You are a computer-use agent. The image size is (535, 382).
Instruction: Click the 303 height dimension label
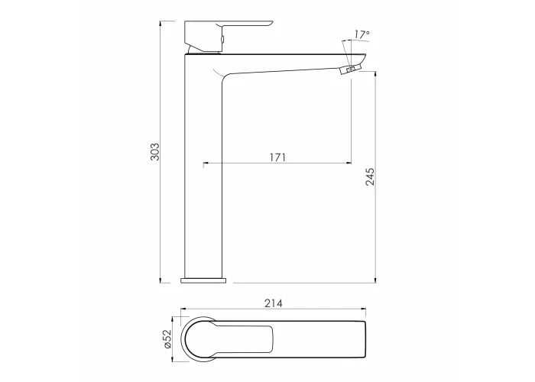[155, 152]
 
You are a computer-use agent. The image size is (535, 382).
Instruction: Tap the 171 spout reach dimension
[277, 157]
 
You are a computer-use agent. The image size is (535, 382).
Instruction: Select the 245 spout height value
[370, 176]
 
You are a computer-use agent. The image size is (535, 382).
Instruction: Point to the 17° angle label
[362, 34]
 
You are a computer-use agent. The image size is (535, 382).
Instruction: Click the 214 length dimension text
[274, 303]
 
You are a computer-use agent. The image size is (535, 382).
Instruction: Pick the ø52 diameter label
[168, 338]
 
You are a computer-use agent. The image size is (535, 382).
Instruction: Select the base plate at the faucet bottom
[203, 280]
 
